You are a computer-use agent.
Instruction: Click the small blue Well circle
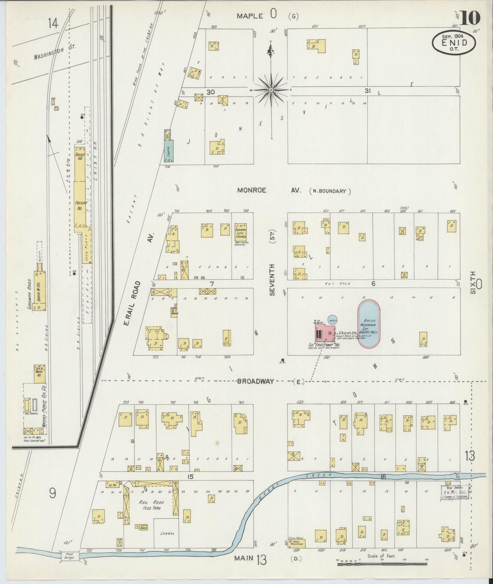333,319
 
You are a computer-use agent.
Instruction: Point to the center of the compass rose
271,90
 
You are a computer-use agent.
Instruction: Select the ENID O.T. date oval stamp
454,42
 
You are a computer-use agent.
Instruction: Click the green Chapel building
168,150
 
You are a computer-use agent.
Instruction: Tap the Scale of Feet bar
381,564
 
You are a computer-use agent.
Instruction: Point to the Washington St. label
55,53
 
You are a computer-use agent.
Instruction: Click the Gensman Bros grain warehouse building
40,291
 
